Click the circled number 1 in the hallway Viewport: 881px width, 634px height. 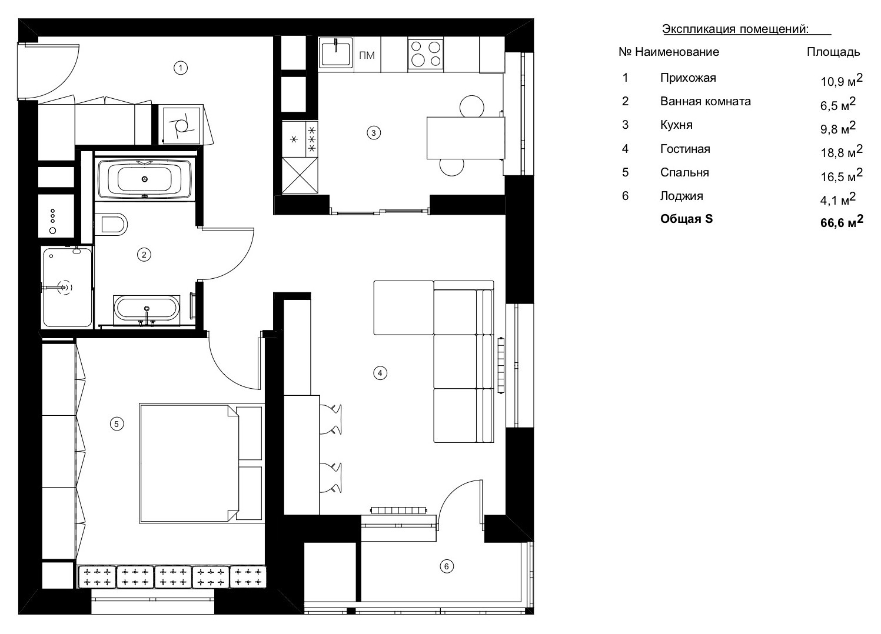point(181,68)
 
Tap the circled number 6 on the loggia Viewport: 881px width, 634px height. point(447,566)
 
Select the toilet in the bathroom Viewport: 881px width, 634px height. point(113,223)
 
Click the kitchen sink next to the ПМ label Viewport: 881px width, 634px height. point(335,54)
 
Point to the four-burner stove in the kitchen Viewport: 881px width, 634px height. point(425,54)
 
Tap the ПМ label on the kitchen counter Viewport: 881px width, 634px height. point(366,56)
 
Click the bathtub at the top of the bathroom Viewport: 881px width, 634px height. point(145,178)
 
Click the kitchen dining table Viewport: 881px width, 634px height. point(465,137)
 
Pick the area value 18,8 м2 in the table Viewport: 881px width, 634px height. point(841,152)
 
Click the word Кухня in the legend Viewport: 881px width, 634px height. point(676,125)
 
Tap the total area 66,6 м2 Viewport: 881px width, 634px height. point(841,222)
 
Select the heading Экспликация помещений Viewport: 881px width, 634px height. point(735,29)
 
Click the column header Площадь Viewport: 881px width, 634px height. point(833,52)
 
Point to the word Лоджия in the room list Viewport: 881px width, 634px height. point(681,196)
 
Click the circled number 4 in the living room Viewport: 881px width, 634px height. point(380,372)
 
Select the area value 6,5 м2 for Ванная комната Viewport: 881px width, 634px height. point(837,104)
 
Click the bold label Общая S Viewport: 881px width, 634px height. point(686,219)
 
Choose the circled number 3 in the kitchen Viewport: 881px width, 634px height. point(373,133)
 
